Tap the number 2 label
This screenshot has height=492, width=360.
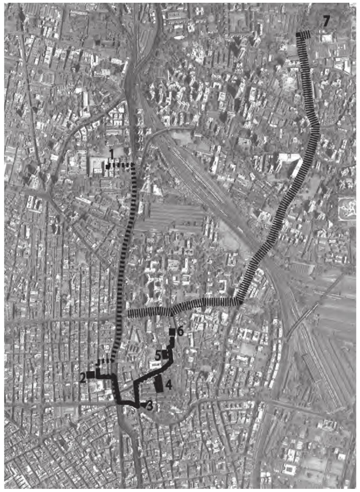tap(83, 378)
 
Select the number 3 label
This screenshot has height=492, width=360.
tap(149, 406)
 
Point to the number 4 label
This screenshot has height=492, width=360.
tap(168, 385)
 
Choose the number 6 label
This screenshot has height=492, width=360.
tap(180, 332)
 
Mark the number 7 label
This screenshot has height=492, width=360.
tap(326, 22)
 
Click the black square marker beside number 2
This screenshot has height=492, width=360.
tap(91, 374)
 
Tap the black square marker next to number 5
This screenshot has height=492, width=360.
tap(165, 354)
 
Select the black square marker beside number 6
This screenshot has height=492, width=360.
tap(172, 332)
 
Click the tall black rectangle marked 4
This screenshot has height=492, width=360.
tap(159, 384)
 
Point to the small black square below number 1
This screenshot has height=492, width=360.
tap(107, 166)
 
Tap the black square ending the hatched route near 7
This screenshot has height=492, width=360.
tap(298, 35)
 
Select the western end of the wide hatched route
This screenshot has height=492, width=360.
tap(129, 312)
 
